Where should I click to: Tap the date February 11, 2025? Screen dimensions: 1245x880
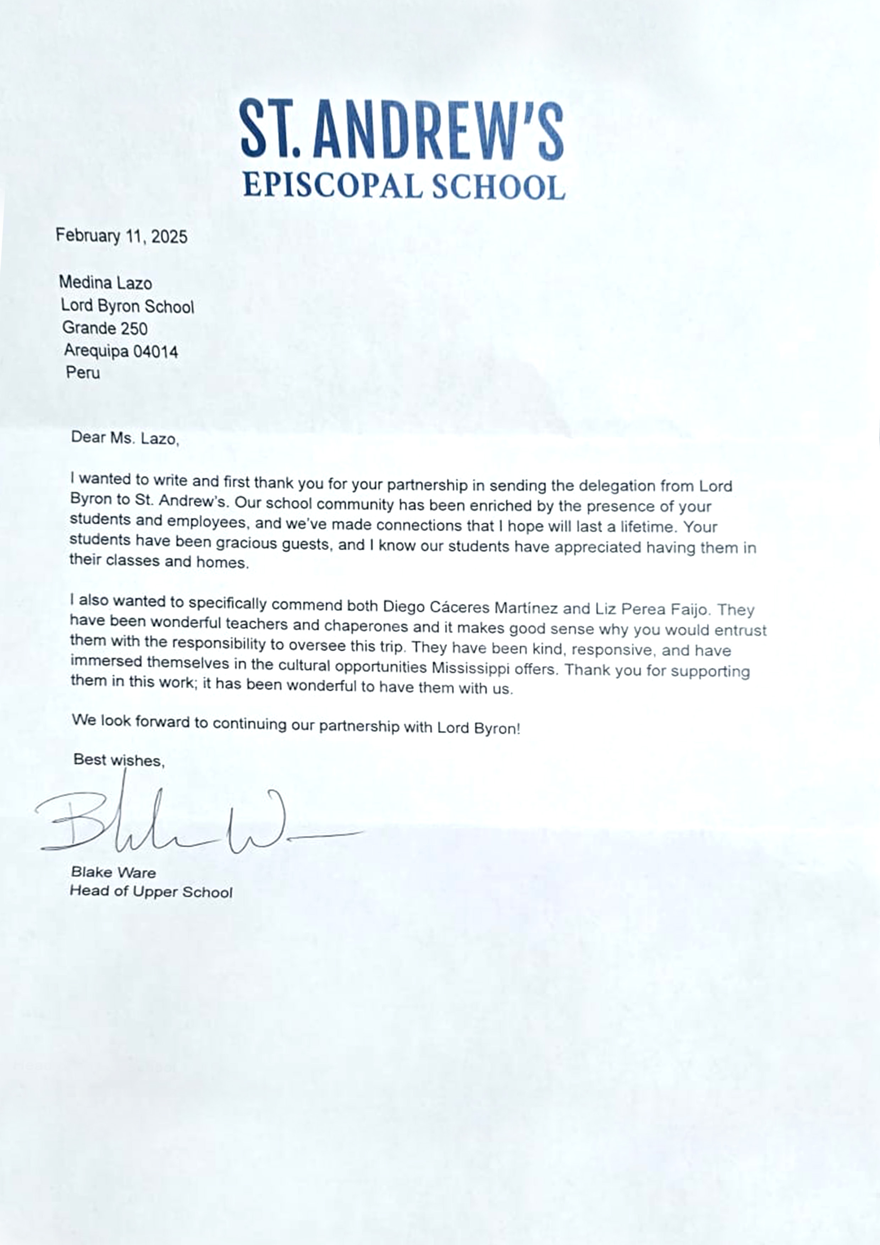point(121,236)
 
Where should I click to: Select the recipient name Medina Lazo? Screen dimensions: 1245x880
point(105,283)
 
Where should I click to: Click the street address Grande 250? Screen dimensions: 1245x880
point(105,328)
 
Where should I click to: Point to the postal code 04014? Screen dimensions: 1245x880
point(156,351)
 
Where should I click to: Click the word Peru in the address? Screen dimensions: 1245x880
point(83,373)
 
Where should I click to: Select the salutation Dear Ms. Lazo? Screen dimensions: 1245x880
point(125,438)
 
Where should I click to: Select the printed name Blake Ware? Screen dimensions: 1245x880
point(113,872)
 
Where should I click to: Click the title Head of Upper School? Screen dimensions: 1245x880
point(151,892)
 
